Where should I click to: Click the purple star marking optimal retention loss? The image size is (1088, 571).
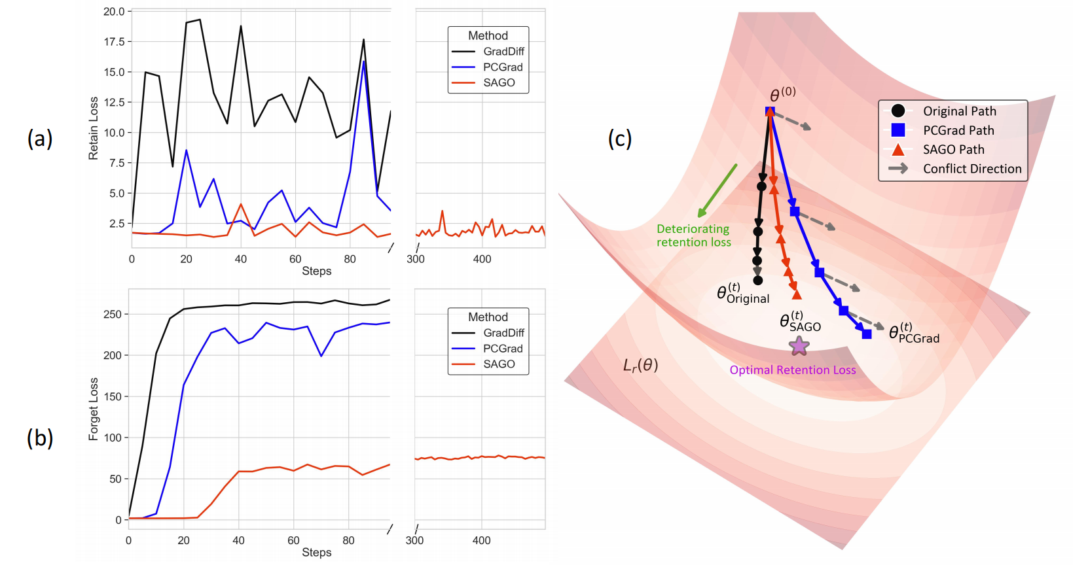[x=799, y=345]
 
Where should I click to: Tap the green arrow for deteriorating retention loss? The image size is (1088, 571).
[x=717, y=190]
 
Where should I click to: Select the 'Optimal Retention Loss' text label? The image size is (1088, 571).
[x=793, y=370]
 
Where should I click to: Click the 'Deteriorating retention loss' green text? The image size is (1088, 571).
[x=693, y=235]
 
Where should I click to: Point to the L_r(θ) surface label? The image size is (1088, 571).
[x=640, y=365]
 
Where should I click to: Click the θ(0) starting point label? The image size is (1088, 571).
[x=782, y=94]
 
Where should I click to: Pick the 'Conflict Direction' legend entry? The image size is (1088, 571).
[x=971, y=169]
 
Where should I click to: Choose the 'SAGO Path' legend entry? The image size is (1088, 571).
[x=953, y=150]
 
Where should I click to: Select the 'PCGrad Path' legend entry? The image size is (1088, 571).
[x=958, y=131]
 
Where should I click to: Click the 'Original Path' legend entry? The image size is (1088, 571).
[x=959, y=111]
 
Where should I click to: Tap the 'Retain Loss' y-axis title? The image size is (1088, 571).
[x=94, y=128]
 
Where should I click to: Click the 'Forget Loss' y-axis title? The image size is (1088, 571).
[x=94, y=409]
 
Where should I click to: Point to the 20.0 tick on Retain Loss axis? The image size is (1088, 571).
[x=114, y=12]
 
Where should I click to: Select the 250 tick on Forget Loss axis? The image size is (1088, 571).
[x=112, y=315]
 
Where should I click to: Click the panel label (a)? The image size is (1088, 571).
[x=40, y=139]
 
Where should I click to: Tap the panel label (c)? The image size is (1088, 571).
[x=619, y=139]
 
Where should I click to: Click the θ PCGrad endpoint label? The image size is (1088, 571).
[x=914, y=333]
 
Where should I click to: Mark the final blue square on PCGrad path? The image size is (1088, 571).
[x=867, y=334]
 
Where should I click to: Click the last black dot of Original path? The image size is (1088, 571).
[x=757, y=281]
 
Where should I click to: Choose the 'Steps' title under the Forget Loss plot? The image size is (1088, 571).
[x=316, y=553]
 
